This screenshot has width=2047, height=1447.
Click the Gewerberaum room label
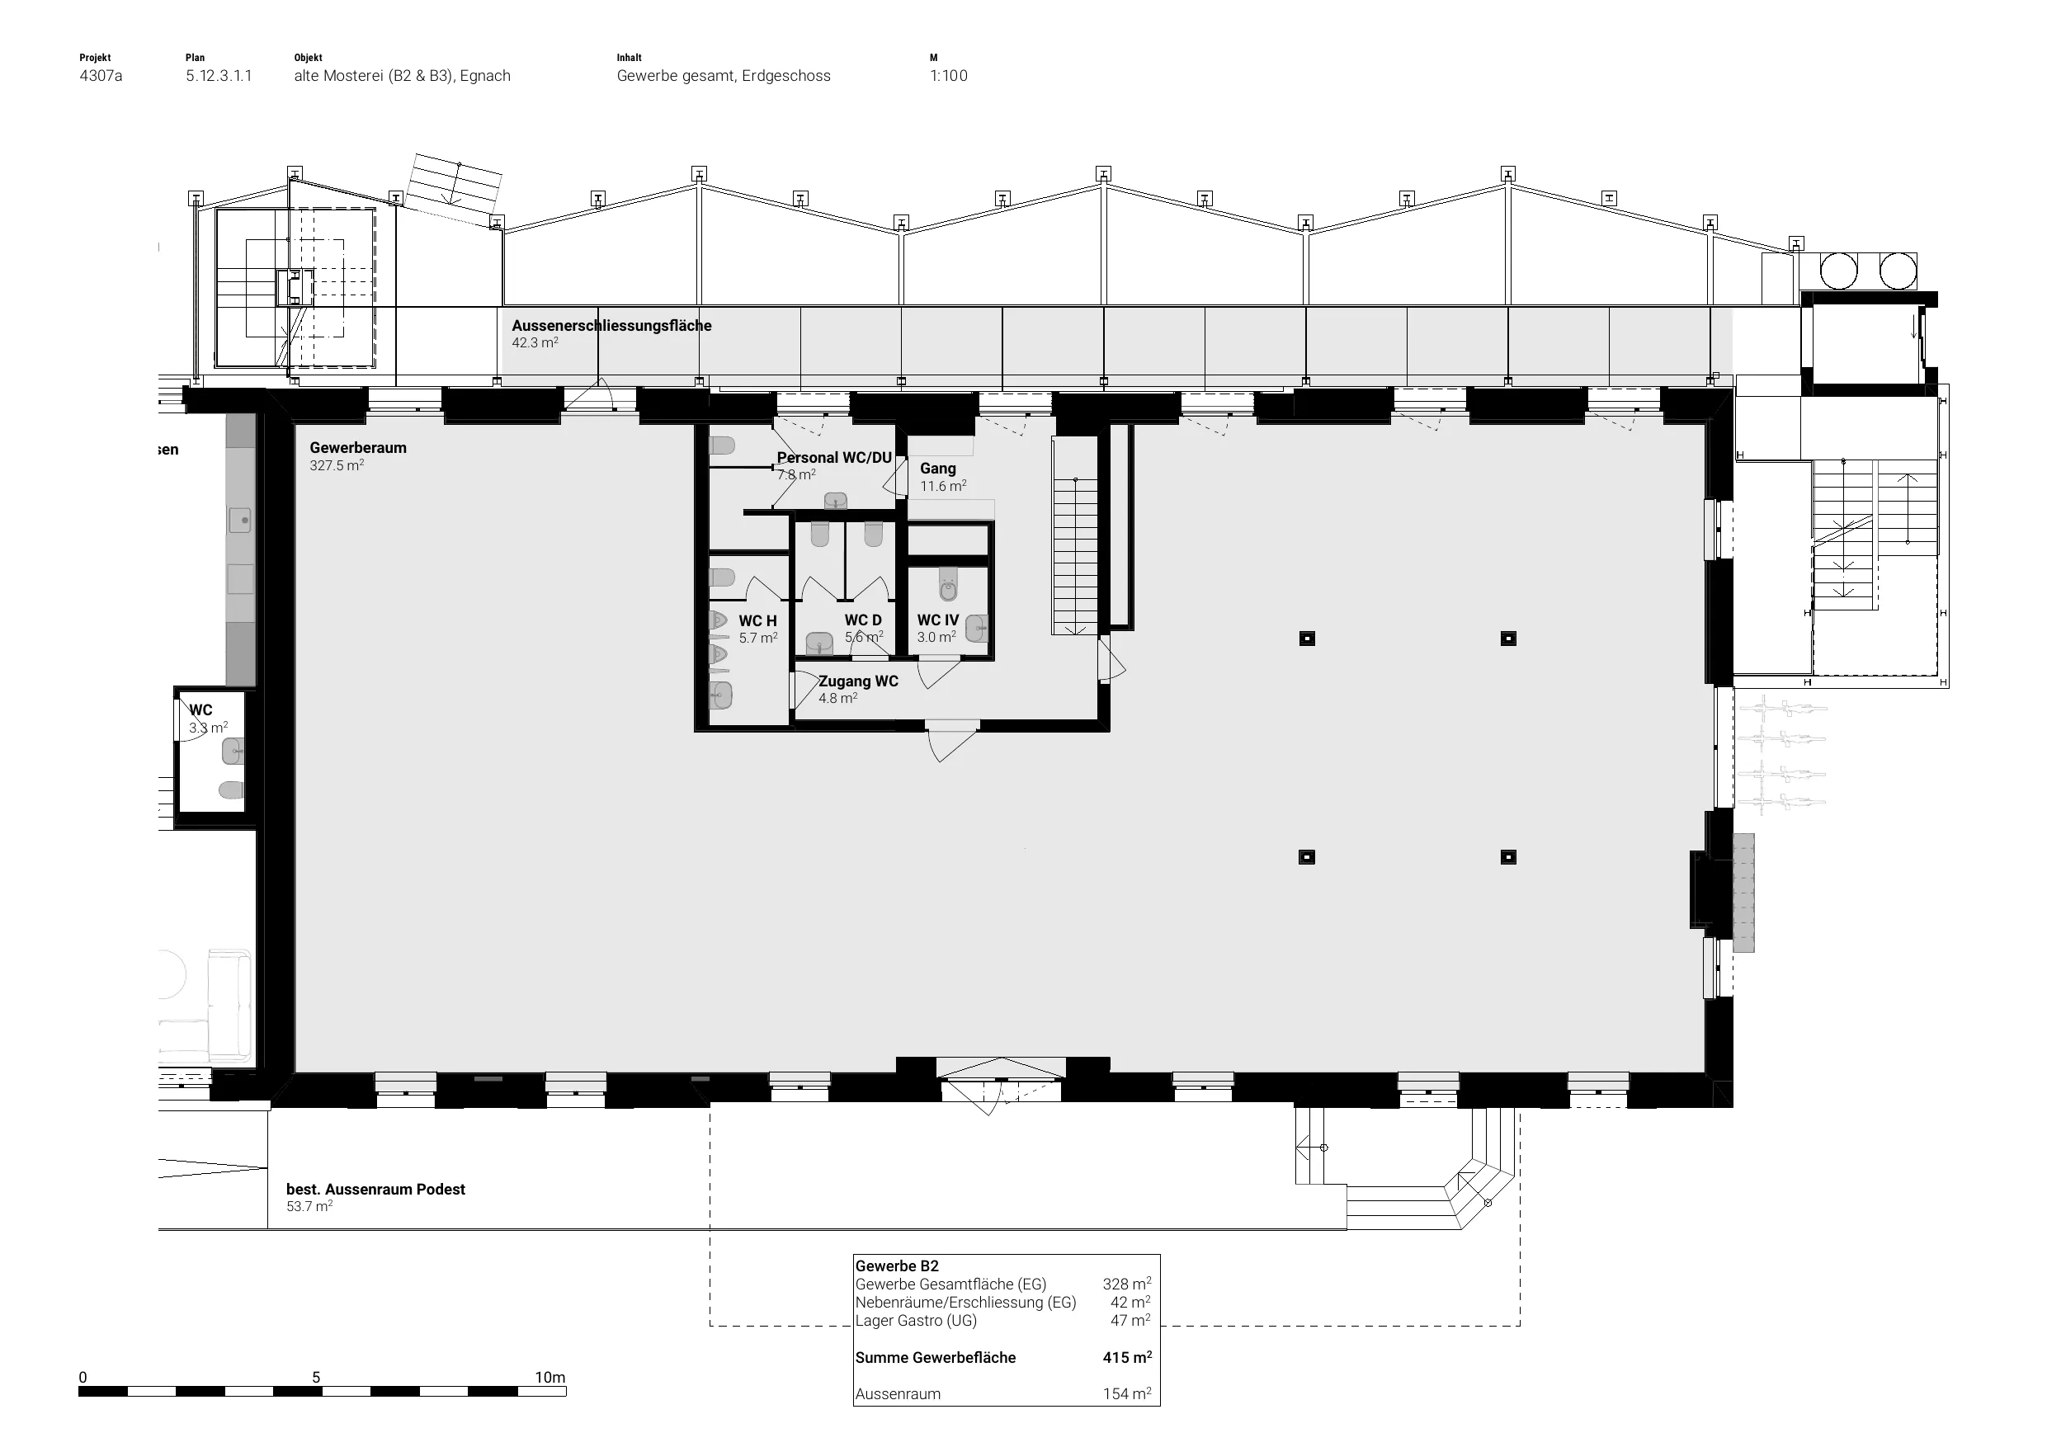point(357,448)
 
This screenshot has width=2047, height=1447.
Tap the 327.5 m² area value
point(336,465)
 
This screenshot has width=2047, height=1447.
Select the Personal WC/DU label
point(833,457)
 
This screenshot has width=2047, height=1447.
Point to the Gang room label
point(938,468)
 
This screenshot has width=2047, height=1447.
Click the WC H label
point(757,620)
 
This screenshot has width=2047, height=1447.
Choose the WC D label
point(863,620)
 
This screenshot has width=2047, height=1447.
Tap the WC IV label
point(938,620)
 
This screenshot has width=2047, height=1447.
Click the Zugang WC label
point(858,681)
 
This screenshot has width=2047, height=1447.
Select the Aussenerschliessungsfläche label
point(611,325)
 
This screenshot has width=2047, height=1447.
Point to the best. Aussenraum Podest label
point(375,1190)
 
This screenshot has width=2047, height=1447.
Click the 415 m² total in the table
point(1127,1357)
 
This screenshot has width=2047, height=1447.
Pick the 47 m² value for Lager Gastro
point(1130,1321)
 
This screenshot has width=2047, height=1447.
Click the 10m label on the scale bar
point(550,1378)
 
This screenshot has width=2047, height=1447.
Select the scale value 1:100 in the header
point(949,76)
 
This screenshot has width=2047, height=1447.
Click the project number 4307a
point(101,76)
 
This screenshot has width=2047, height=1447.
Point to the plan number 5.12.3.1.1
point(219,76)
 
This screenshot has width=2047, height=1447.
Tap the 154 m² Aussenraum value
point(1127,1393)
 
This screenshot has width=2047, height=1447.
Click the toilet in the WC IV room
point(948,586)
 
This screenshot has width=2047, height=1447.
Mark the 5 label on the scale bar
point(316,1378)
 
